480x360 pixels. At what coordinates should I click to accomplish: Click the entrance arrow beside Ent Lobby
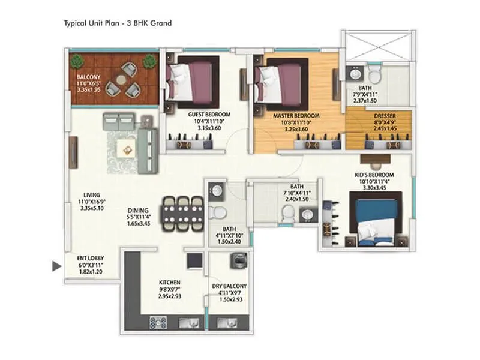[56, 266]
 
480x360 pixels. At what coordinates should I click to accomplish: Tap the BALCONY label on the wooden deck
[88, 77]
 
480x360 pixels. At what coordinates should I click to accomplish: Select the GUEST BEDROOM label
[209, 115]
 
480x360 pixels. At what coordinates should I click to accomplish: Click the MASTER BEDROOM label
[296, 116]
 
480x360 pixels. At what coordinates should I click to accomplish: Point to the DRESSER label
[385, 116]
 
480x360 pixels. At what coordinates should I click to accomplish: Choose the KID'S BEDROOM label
[374, 175]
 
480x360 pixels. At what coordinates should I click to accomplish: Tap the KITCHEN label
[170, 283]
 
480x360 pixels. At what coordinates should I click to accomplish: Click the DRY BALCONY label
[229, 286]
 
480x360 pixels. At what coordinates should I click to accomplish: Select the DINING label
[138, 211]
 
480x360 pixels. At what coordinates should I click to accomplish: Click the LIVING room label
[92, 195]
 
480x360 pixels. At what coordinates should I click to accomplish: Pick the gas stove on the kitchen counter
[158, 323]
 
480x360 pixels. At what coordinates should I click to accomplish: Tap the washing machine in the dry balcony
[239, 261]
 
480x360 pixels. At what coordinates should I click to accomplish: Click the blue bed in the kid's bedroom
[376, 219]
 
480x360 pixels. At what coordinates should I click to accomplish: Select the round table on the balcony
[121, 80]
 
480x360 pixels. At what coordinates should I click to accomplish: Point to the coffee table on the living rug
[127, 149]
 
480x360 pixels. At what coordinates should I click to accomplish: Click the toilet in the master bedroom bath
[374, 74]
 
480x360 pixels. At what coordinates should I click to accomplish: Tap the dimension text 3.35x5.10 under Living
[92, 208]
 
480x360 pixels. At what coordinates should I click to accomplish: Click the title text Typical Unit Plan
[92, 23]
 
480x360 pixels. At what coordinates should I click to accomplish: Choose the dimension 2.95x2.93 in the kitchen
[170, 296]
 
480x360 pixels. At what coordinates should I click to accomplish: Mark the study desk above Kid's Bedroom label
[376, 158]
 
